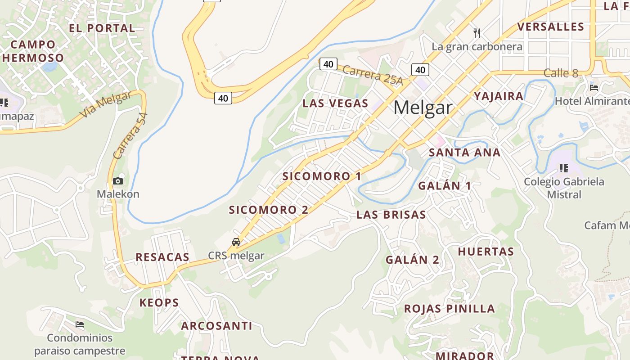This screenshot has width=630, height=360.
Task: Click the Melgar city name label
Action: point(423,108)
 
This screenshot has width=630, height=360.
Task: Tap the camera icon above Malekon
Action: point(118,181)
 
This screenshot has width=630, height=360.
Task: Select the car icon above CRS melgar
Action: point(236,242)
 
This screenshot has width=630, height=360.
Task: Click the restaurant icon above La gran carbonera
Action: point(477,33)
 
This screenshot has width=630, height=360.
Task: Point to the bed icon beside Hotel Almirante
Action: point(594,87)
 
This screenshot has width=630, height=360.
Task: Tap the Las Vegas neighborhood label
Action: point(335,103)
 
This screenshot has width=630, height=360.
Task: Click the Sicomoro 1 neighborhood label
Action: point(322,176)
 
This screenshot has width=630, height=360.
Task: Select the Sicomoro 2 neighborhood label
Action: point(269,210)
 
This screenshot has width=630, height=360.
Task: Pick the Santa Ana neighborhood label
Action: point(464,153)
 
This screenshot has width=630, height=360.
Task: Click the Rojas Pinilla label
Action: point(450,309)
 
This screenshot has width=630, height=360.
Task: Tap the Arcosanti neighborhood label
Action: point(216,326)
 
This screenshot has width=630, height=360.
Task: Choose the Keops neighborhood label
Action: point(159,302)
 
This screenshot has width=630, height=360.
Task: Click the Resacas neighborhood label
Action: point(162,257)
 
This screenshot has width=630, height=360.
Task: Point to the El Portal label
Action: point(102,28)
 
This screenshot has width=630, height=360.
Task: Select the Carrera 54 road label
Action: point(130,136)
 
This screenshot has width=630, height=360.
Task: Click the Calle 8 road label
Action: point(561,73)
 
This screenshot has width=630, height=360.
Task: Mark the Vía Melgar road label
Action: point(106,104)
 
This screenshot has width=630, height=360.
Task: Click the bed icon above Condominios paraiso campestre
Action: point(80,324)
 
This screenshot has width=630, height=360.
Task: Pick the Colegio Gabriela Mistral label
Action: point(564,188)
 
